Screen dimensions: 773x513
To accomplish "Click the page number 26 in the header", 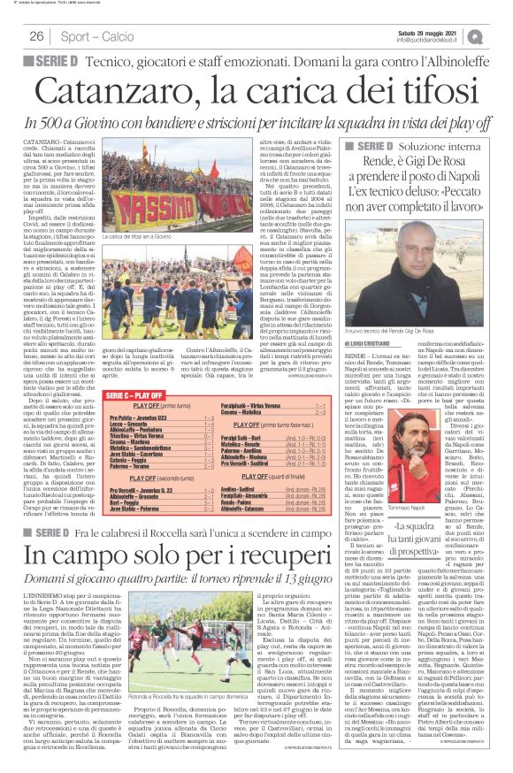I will tap(36, 35).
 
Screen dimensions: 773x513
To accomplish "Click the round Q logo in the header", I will tap(501, 35).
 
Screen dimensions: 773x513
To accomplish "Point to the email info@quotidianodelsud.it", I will tap(433, 39).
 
